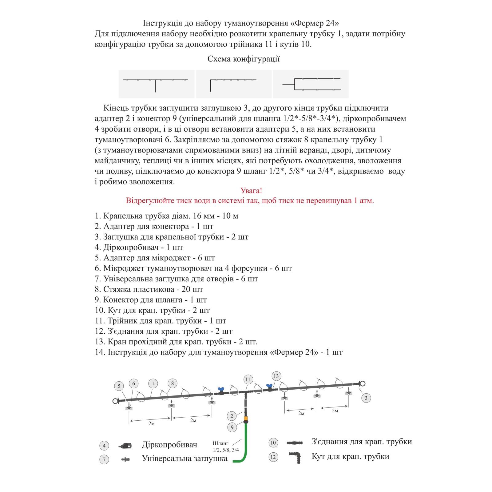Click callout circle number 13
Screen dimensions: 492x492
pos(276,376)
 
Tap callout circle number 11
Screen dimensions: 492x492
pos(248,379)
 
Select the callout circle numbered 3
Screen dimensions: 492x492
pos(366,398)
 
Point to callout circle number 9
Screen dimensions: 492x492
pos(232,427)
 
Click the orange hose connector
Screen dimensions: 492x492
pos(246,418)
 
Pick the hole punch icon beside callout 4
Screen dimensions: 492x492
pos(125,445)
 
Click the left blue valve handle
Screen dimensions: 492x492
pos(220,389)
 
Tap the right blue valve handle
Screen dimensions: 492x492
pos(270,385)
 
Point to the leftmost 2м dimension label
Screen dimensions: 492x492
pos(151,423)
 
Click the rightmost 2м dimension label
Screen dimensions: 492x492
pos(335,411)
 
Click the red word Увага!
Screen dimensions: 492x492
pos(251,191)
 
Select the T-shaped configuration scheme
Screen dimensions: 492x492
pos(156,84)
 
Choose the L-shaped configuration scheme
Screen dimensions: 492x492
pos(233,84)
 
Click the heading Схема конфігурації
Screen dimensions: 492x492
pos(244,59)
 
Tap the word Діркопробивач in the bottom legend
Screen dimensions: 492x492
pos(169,445)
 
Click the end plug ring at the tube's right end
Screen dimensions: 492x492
pos(363,383)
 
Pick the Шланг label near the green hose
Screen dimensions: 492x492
pos(220,443)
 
